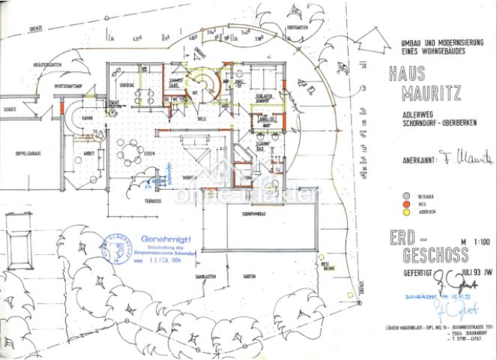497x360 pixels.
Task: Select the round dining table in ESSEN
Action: [x=132, y=156]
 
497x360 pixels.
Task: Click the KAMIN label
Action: [x=87, y=118]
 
